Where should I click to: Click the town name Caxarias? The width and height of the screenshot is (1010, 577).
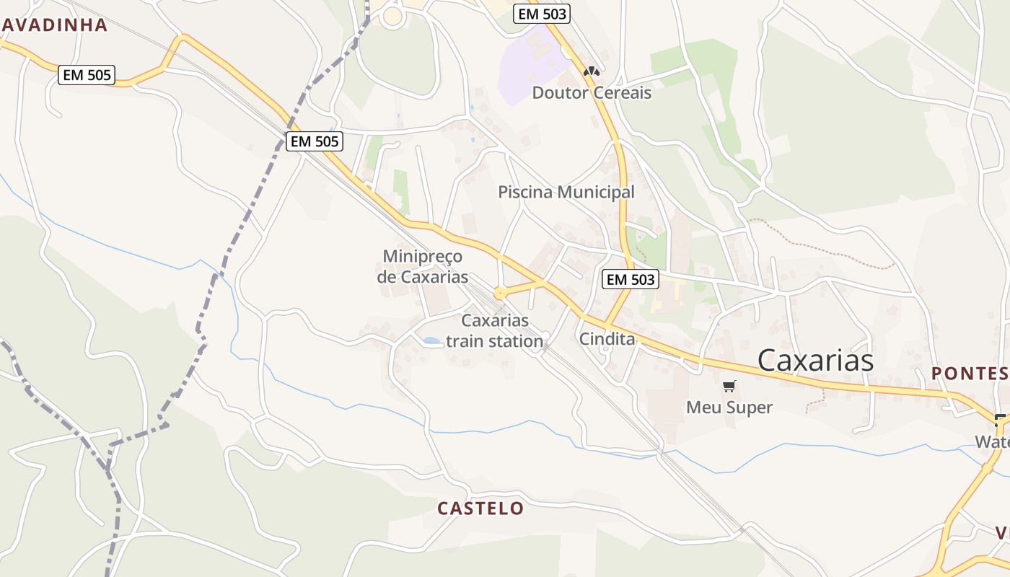pos(815,360)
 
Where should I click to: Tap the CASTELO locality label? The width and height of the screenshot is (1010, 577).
pos(480,508)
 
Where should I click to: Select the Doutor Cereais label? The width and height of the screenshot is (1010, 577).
pos(592,93)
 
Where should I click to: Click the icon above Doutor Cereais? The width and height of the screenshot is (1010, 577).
pos(592,71)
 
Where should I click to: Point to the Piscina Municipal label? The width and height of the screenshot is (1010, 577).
pos(566,193)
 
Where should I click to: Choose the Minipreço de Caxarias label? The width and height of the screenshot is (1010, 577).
pos(423,267)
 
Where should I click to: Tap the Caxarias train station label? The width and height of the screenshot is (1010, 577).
pos(495,331)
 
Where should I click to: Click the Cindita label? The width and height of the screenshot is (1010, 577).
pos(607,339)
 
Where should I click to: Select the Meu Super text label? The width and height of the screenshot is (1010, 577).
pos(729,408)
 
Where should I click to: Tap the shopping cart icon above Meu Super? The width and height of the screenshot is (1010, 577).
pos(729,387)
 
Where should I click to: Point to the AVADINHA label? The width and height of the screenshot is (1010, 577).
pos(54,25)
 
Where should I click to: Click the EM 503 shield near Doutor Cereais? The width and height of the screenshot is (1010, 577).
pos(542,13)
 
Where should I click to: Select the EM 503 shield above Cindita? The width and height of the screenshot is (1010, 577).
pos(631,279)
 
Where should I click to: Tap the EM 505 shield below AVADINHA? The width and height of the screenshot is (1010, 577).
pos(87,74)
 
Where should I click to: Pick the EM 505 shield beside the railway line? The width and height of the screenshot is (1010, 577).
pos(315,141)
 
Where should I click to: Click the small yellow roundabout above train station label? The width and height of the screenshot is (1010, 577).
pos(499,294)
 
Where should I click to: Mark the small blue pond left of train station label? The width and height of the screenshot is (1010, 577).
pos(431,340)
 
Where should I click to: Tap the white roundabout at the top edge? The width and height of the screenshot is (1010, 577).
pos(393,16)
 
